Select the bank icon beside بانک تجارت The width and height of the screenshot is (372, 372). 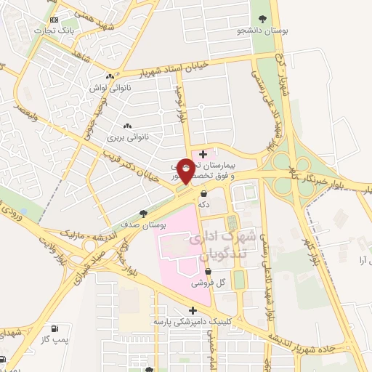pos(56,20)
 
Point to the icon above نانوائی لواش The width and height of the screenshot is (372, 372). pos(110,77)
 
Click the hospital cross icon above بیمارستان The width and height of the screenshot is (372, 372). pos(203,153)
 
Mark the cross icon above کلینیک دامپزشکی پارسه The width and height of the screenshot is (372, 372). pos(193,310)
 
